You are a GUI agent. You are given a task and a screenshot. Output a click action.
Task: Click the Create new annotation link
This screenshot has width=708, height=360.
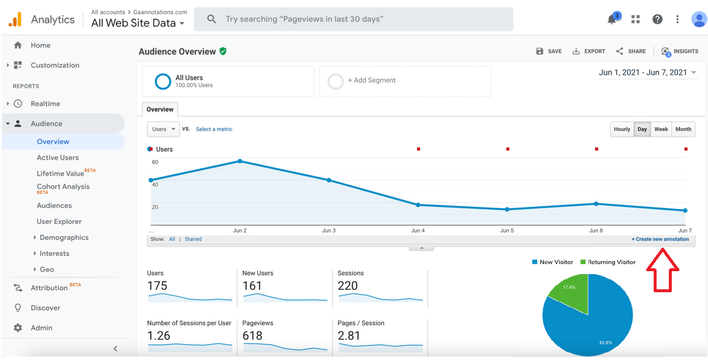point(660,239)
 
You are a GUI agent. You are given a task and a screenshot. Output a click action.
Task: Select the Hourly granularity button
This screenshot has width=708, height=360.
point(622,129)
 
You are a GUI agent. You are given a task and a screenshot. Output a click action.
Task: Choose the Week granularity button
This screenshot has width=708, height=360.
point(661,129)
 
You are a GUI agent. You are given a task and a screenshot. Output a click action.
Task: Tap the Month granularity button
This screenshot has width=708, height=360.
point(683,129)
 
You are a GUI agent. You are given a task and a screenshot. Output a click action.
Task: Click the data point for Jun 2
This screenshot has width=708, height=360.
point(240,161)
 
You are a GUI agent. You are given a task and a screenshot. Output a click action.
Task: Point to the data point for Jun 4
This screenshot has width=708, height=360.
point(418,205)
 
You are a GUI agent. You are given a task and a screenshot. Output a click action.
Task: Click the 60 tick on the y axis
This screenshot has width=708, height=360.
point(155,162)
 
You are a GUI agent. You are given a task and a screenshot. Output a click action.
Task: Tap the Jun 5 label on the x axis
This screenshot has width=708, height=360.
point(506,230)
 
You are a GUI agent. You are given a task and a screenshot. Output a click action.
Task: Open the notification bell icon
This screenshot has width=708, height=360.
point(612,20)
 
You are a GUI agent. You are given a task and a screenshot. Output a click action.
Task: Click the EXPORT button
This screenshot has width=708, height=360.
point(588,51)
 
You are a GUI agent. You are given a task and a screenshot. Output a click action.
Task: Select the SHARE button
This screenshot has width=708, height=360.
point(630,51)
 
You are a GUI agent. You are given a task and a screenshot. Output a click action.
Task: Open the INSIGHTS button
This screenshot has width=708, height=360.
point(679,51)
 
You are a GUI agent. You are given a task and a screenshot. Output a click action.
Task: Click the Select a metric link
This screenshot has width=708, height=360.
point(214,129)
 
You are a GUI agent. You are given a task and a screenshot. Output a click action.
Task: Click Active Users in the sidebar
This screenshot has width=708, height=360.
point(57,158)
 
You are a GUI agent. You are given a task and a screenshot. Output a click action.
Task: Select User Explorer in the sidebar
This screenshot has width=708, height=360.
point(59,221)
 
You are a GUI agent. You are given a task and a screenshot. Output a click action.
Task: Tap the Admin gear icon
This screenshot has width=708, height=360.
point(18,328)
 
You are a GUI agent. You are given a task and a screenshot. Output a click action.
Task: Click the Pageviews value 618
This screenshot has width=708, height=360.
point(252,335)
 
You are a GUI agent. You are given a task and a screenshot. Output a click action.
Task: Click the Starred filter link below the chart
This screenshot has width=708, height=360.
point(193,239)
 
